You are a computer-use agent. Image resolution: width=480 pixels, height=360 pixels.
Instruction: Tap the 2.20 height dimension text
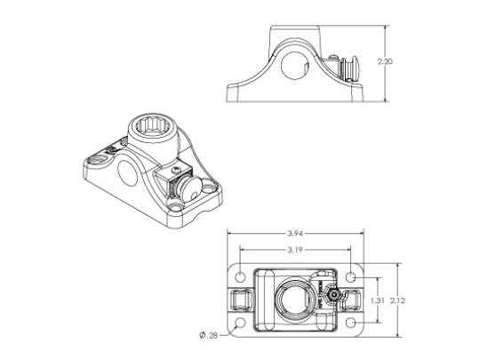[385, 62]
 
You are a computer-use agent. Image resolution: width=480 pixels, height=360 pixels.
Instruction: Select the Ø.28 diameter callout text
[209, 335]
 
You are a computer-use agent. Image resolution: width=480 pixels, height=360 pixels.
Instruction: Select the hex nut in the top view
[329, 297]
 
